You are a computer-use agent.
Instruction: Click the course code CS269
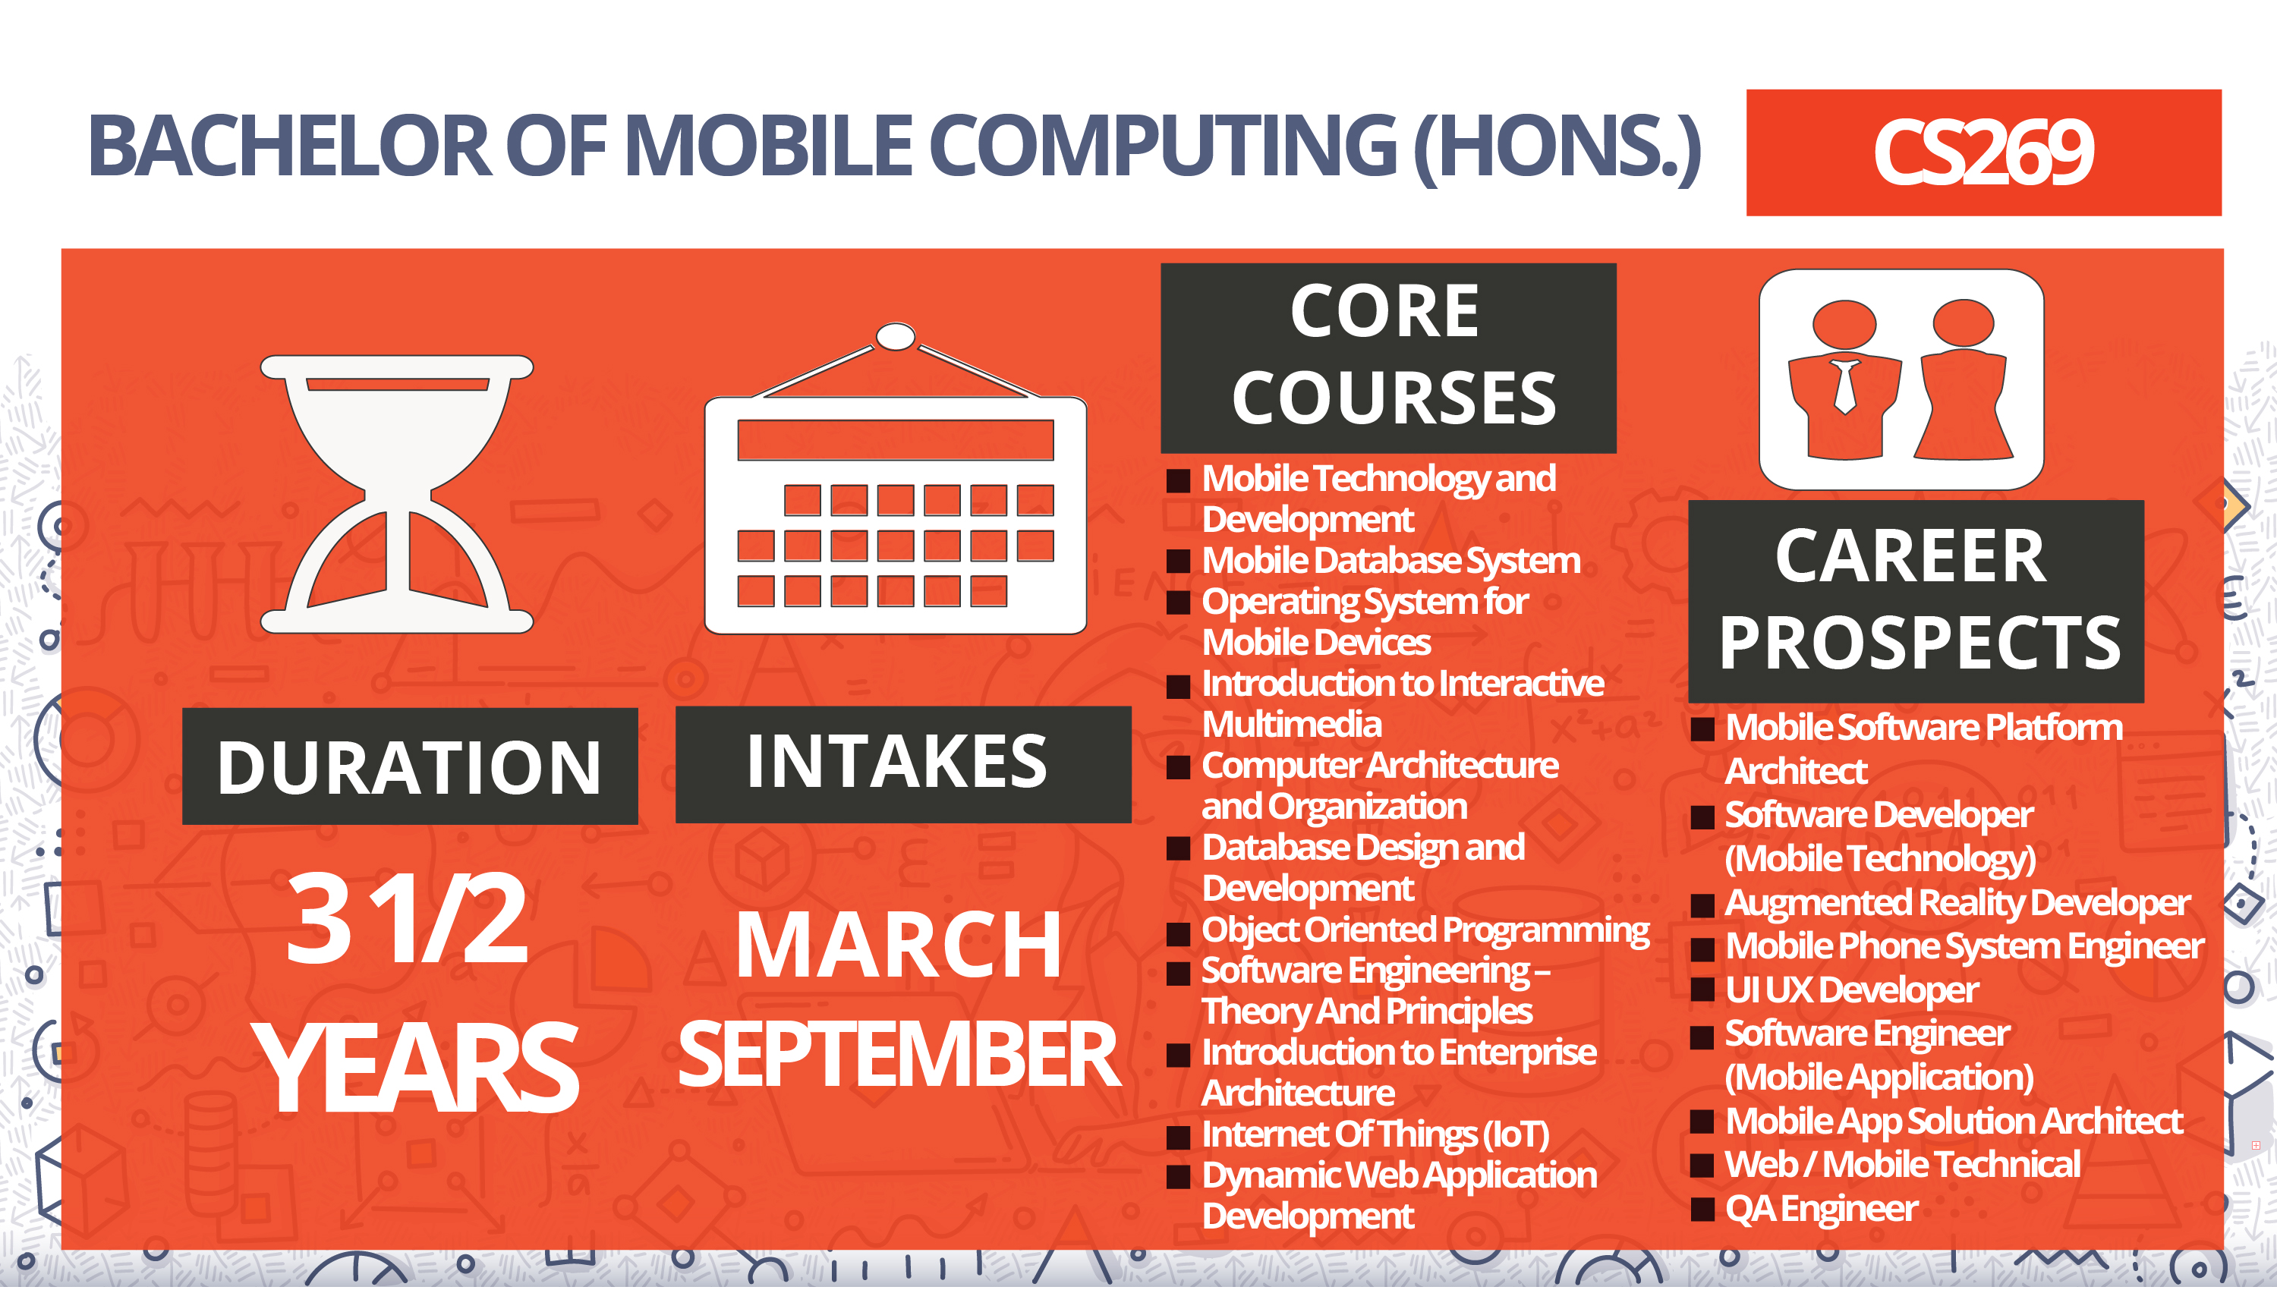click(x=1983, y=153)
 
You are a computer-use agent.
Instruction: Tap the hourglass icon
click(x=397, y=495)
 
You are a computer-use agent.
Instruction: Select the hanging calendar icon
click(x=895, y=478)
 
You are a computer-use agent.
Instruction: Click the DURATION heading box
click(x=410, y=766)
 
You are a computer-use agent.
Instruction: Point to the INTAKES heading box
click(x=902, y=763)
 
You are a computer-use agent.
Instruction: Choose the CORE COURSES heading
click(x=1388, y=358)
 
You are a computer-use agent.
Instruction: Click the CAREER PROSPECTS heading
click(x=1916, y=602)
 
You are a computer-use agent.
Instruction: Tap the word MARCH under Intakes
click(x=899, y=946)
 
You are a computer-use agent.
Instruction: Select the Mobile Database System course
click(x=1390, y=561)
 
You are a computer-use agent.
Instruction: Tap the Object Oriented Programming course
click(x=1425, y=931)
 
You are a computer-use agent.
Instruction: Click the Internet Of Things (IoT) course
click(x=1375, y=1135)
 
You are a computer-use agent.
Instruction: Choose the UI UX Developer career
click(x=1851, y=990)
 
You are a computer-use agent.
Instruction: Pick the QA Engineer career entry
click(x=1821, y=1210)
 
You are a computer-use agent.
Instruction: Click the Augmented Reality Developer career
click(x=1957, y=904)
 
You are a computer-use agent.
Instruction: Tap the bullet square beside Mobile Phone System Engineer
click(x=1702, y=949)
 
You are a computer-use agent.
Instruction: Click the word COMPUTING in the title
click(x=1163, y=146)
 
